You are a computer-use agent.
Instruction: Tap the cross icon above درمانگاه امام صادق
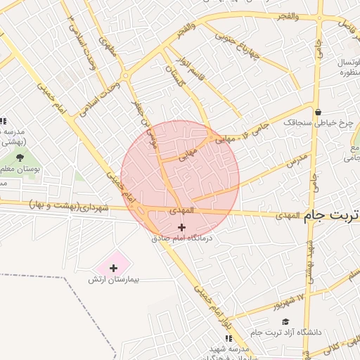(x=182, y=227)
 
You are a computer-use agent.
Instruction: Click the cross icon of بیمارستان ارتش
(x=113, y=268)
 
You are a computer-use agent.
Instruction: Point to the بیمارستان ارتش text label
(x=114, y=279)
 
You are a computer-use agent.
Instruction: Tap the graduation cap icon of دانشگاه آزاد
(x=285, y=321)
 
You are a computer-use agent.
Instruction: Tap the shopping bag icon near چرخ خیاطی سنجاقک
(x=319, y=111)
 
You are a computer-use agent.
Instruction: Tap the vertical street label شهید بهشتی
(x=309, y=264)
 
